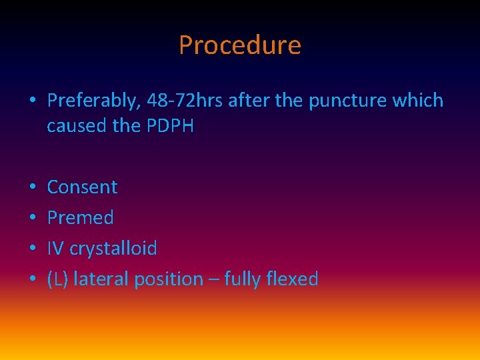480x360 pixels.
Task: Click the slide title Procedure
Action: (x=240, y=45)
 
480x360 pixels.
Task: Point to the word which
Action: (x=418, y=101)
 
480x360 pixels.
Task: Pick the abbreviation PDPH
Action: (x=169, y=125)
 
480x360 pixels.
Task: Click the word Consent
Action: (x=82, y=187)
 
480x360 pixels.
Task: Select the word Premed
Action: (x=80, y=218)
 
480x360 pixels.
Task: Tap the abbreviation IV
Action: (x=55, y=249)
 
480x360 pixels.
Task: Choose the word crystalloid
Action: (x=113, y=249)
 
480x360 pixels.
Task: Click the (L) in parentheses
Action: (x=57, y=279)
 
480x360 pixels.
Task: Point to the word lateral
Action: (x=101, y=279)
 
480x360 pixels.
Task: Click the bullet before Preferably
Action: (x=32, y=101)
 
